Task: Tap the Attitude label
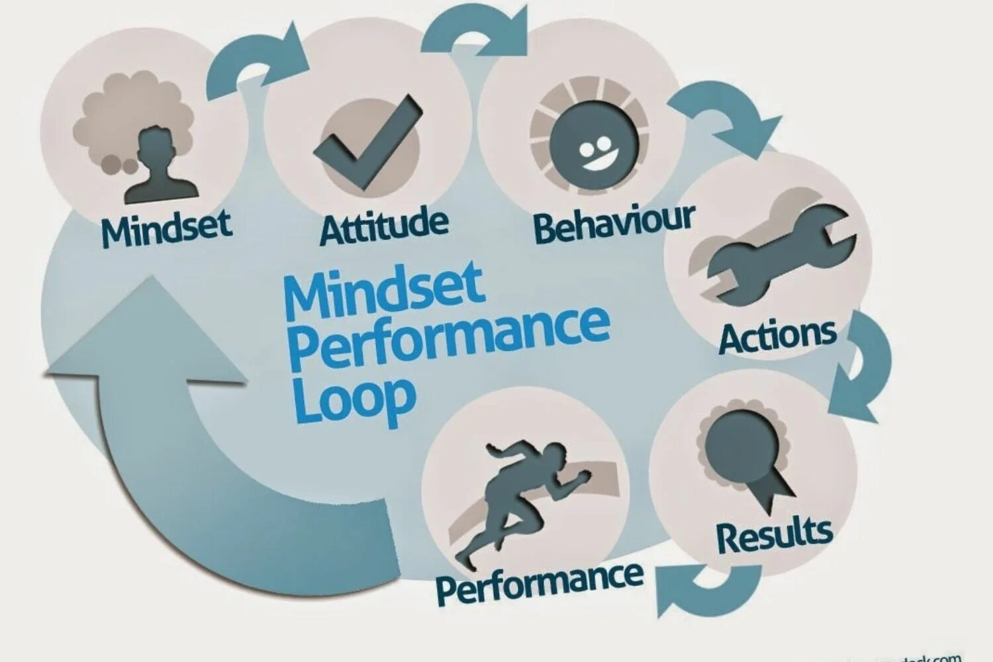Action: [x=383, y=226]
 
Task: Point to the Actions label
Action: [x=777, y=336]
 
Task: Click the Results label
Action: [x=774, y=536]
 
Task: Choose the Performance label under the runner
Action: [x=540, y=582]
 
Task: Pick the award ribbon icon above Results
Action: [x=745, y=450]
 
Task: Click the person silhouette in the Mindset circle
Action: [x=159, y=169]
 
